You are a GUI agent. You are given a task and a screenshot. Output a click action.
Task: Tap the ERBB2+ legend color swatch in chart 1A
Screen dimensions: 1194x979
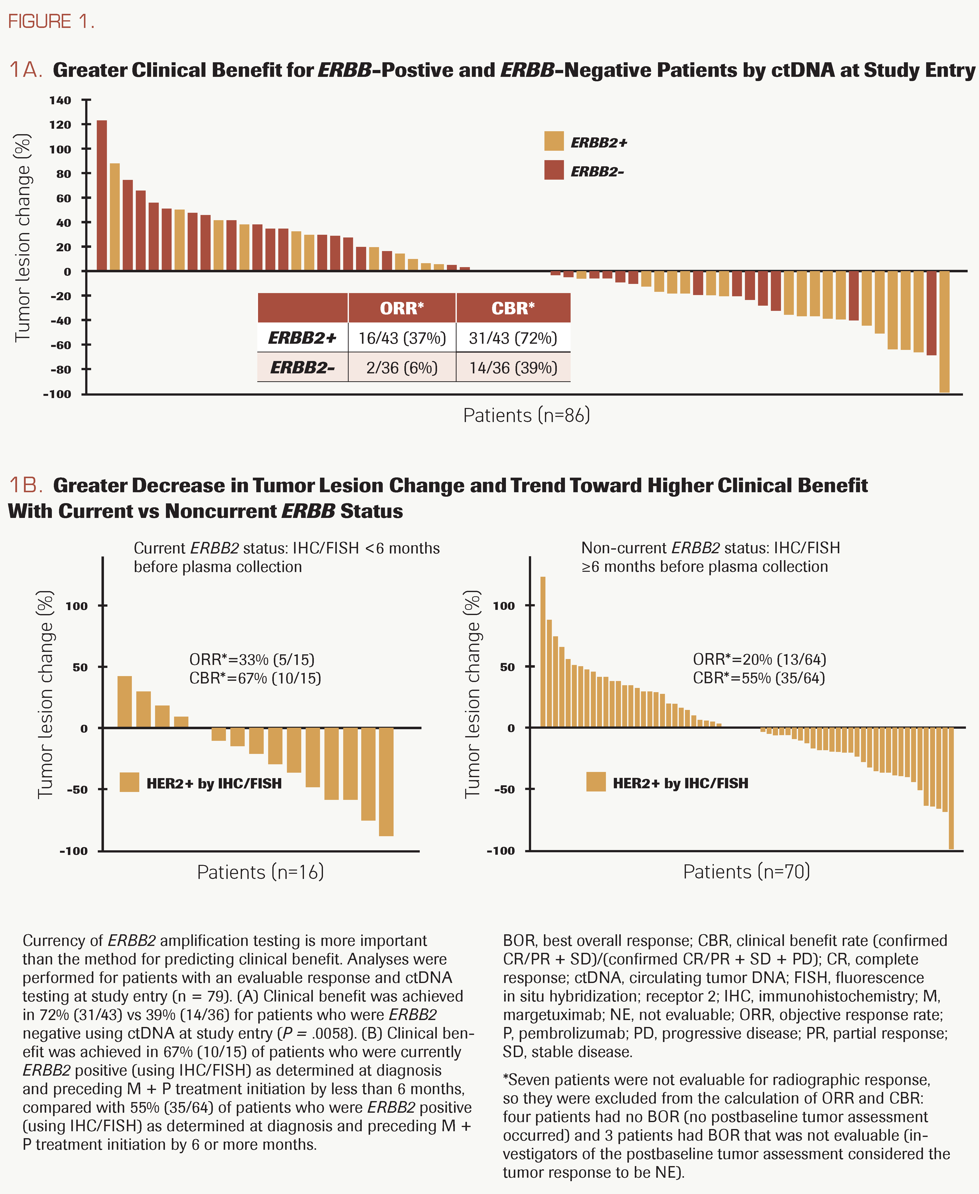pos(554,141)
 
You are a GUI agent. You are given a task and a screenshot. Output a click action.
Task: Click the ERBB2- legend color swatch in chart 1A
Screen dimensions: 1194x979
pos(554,170)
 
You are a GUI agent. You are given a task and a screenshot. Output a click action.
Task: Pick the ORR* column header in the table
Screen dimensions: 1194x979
pos(401,308)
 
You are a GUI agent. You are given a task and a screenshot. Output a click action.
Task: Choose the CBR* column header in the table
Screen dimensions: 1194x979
pos(513,308)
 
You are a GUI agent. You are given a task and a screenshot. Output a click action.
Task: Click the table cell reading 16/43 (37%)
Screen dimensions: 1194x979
pos(401,338)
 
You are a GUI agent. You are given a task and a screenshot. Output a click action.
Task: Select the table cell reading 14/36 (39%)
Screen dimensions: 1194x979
pos(513,368)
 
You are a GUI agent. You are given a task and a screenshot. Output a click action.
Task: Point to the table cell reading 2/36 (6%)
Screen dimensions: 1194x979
pos(401,368)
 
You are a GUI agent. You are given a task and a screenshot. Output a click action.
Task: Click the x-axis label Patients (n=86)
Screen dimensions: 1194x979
pos(526,415)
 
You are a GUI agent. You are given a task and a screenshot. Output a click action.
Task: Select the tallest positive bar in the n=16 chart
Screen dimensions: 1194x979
pos(125,701)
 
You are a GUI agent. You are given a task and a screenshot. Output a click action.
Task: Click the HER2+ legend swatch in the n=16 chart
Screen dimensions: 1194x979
pos(129,782)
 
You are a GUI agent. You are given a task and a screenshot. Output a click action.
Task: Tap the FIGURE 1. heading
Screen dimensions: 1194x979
pos(51,21)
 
